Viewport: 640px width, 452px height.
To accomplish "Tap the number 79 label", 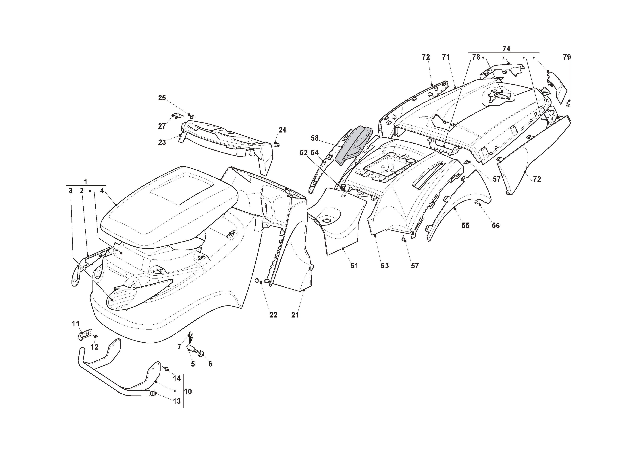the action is click(567, 57).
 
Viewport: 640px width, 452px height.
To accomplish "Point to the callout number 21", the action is click(295, 315).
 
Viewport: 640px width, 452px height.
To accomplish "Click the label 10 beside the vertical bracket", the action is click(188, 391).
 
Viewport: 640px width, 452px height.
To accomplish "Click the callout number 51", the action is click(354, 266).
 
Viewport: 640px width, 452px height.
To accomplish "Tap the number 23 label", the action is click(162, 142).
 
